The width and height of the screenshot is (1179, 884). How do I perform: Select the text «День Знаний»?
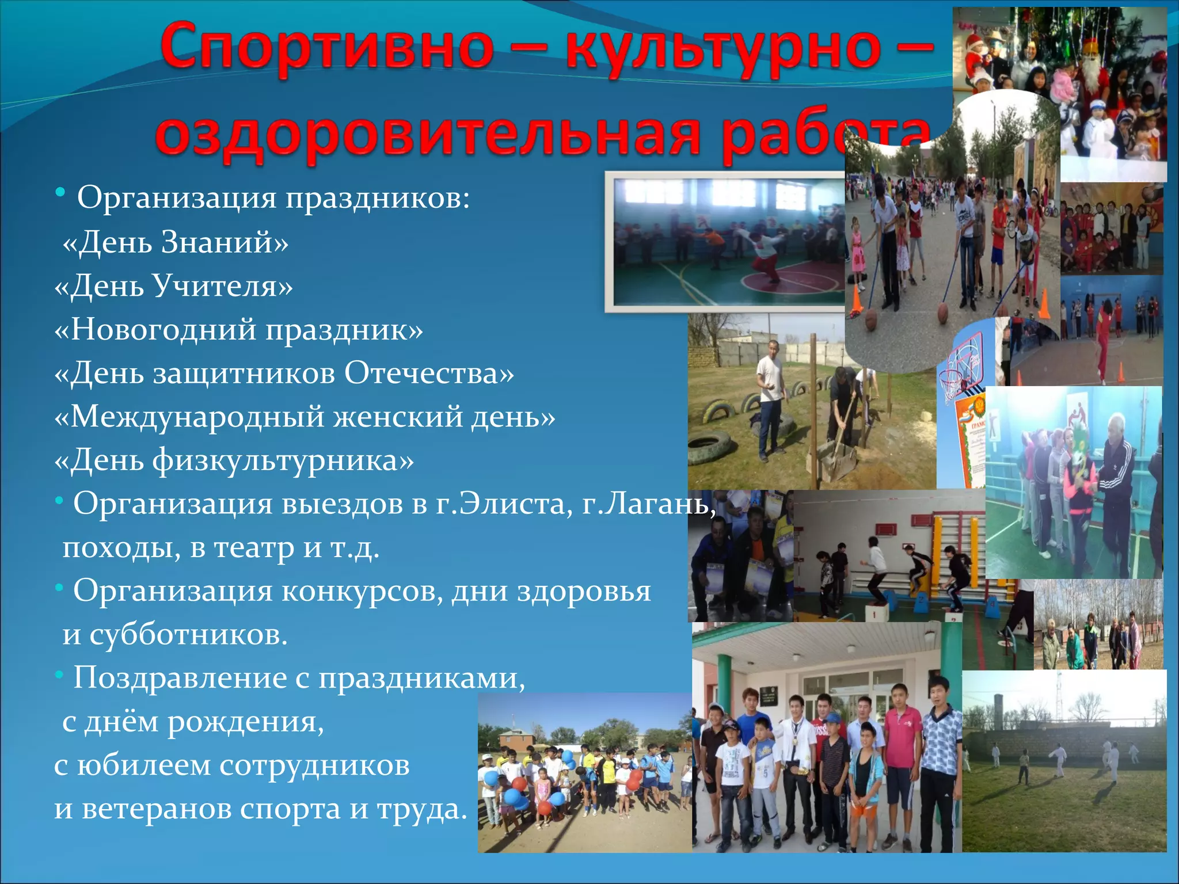click(175, 242)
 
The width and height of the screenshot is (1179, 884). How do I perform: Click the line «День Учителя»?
click(173, 285)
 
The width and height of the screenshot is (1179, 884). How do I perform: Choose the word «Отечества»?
click(429, 373)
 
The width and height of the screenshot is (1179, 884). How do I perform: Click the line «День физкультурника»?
click(234, 460)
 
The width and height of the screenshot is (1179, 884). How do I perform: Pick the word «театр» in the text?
click(254, 547)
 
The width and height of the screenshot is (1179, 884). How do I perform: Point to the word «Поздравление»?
click(180, 677)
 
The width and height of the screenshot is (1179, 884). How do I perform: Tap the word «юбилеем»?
click(144, 765)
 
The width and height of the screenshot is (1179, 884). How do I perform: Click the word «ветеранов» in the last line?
click(156, 809)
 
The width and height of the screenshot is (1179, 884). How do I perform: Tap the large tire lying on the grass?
click(712, 448)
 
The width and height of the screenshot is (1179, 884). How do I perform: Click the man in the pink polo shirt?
click(903, 765)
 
